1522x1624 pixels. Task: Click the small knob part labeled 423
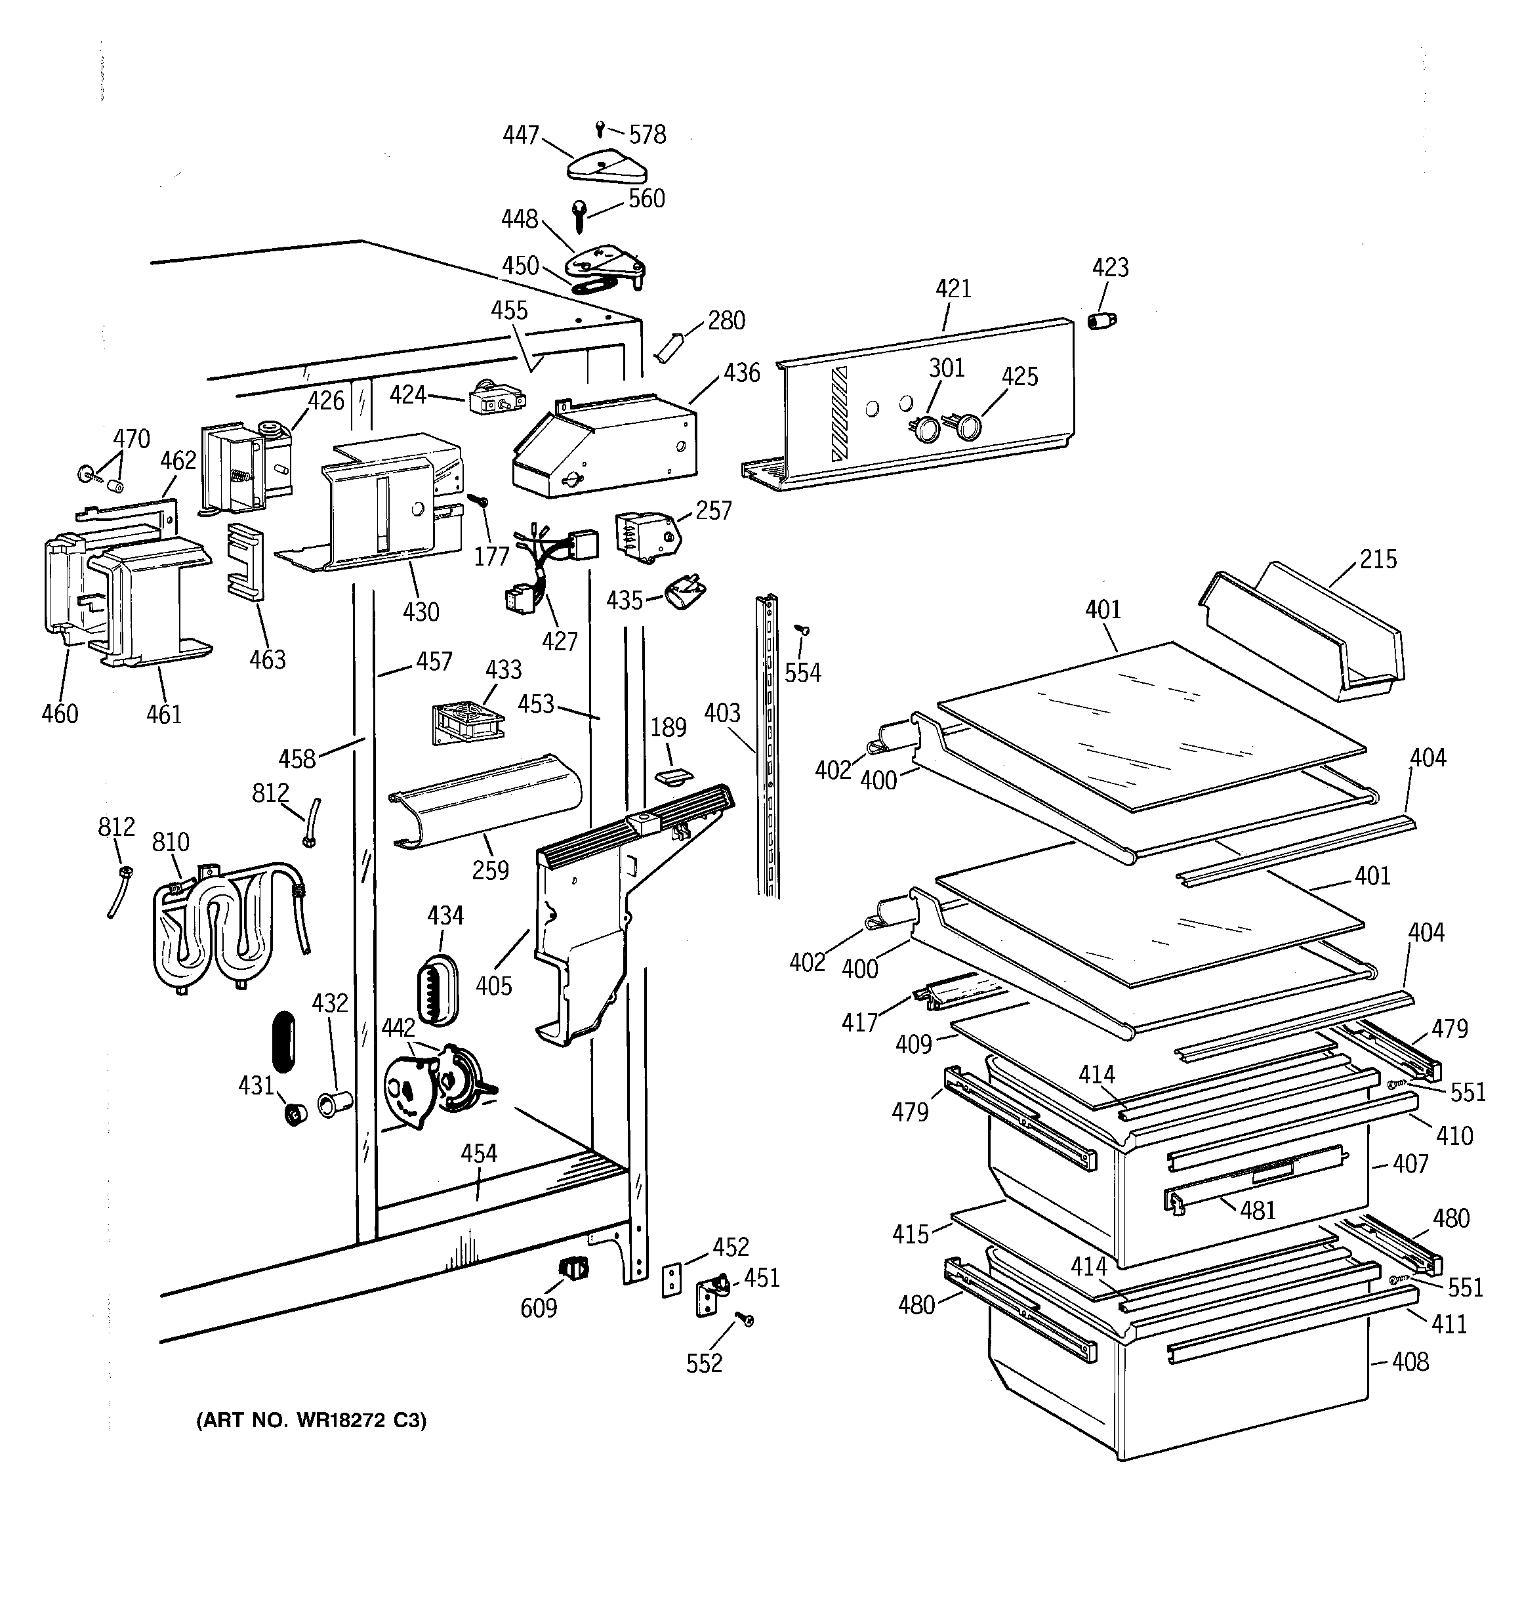pyautogui.click(x=1102, y=320)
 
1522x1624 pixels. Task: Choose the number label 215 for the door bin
pyautogui.click(x=1378, y=560)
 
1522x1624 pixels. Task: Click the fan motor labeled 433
pyautogui.click(x=466, y=721)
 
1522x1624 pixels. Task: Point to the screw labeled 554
pyautogui.click(x=802, y=630)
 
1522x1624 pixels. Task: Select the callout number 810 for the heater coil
pyautogui.click(x=170, y=843)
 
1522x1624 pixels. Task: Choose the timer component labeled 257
pyautogui.click(x=646, y=537)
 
